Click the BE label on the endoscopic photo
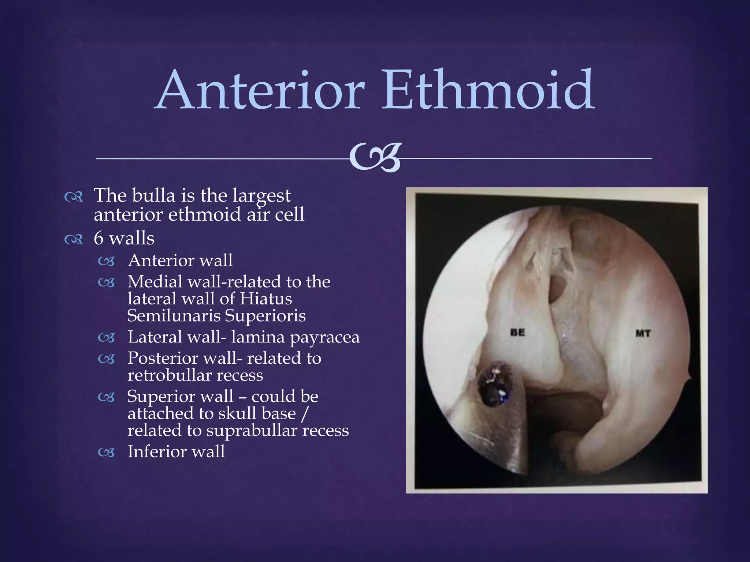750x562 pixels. [517, 333]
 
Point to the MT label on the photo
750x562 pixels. [643, 333]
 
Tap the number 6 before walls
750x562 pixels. [99, 239]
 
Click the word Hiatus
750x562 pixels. [266, 299]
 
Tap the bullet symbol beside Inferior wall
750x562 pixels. [106, 453]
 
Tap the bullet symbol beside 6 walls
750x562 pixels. [74, 240]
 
